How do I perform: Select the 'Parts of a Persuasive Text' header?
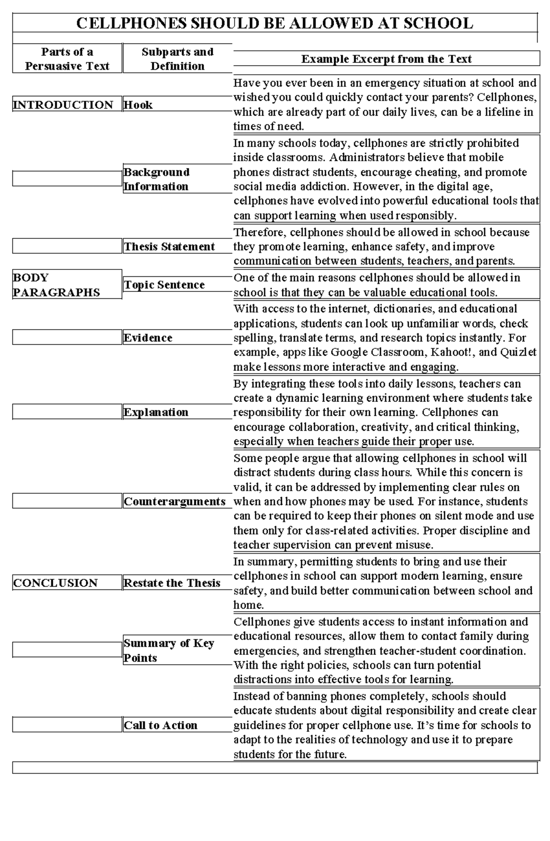click(67, 59)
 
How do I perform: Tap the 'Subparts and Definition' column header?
click(177, 59)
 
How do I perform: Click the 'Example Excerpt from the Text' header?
click(386, 59)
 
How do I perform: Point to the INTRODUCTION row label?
click(63, 104)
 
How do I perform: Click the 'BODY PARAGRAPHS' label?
click(56, 285)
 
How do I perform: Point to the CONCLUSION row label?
click(55, 583)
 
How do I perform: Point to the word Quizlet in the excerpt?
click(518, 352)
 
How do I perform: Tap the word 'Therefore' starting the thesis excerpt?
click(259, 232)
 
